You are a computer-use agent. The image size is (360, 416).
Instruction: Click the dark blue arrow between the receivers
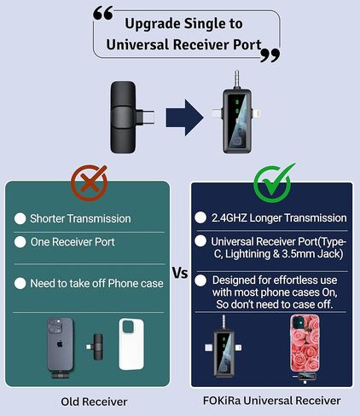pos(185,118)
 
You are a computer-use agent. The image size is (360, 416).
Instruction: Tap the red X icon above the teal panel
pos(90,183)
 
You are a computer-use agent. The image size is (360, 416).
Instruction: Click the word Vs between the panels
pos(180,274)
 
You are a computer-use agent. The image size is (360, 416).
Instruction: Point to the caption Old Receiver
pos(94,402)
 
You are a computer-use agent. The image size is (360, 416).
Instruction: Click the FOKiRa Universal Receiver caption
pos(271,401)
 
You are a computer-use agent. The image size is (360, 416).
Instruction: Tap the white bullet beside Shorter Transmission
pos(20,219)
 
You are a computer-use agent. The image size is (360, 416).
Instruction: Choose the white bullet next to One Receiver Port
pos(20,242)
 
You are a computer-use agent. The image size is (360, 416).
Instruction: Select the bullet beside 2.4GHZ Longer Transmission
pos(200,218)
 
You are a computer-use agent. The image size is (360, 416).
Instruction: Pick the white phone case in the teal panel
pos(131,344)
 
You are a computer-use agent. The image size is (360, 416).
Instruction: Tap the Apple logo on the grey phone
pos(60,344)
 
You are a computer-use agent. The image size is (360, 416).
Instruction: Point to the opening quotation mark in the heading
pos(103,14)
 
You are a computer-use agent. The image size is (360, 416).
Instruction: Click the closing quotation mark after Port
pos(270,55)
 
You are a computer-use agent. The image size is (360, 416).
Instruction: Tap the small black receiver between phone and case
pos(96,347)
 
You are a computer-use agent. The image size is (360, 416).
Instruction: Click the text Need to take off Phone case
pos(96,284)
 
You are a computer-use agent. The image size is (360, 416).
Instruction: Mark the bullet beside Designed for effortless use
pos(200,280)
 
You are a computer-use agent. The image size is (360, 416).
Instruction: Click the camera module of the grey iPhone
pos(55,326)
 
